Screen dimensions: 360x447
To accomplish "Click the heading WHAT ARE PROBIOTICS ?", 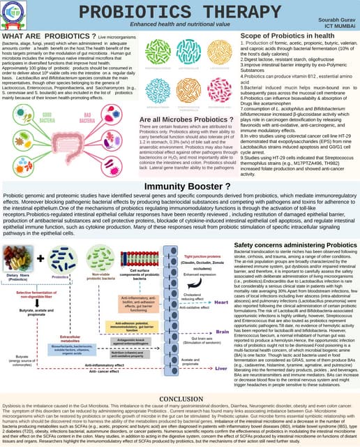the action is [48, 35].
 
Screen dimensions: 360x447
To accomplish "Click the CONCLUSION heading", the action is [180, 399].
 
